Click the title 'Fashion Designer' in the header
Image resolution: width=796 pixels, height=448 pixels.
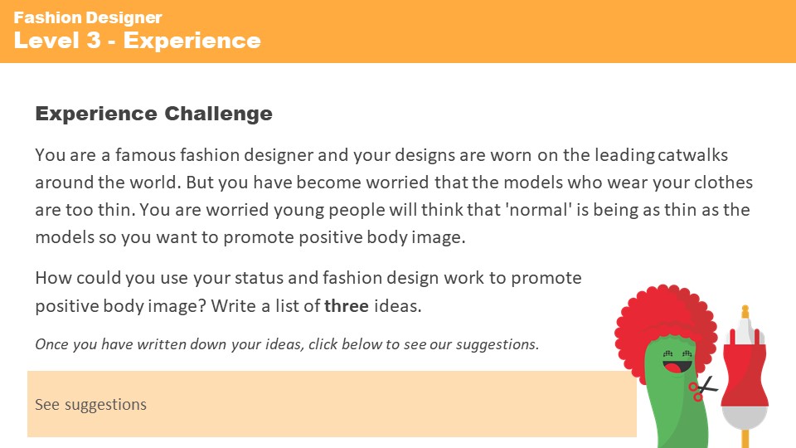(x=88, y=17)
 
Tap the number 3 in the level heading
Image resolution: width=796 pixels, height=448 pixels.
(x=93, y=40)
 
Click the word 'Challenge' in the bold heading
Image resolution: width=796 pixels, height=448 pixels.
(x=220, y=114)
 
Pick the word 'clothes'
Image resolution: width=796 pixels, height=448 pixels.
(x=723, y=183)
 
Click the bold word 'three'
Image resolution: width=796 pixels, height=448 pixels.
(x=347, y=305)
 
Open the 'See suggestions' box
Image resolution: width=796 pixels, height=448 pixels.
(x=332, y=404)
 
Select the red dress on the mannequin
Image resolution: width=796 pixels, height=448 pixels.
(x=745, y=365)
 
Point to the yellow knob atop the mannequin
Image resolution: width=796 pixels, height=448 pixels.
(x=745, y=310)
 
